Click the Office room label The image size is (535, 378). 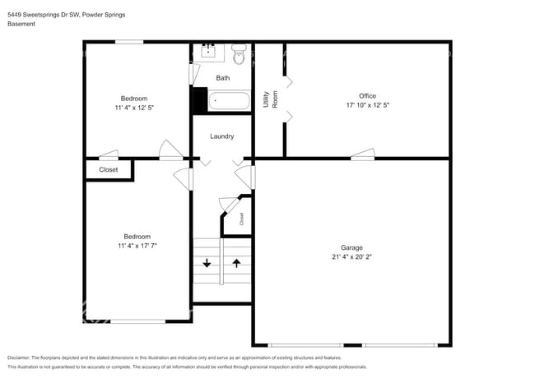pyautogui.click(x=367, y=96)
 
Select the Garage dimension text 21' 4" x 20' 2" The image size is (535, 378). pyautogui.click(x=351, y=257)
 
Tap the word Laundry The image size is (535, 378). pyautogui.click(x=222, y=136)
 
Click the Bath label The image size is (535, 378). pyautogui.click(x=223, y=78)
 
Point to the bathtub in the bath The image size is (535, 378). pyautogui.click(x=230, y=102)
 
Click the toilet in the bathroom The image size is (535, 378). pyautogui.click(x=240, y=55)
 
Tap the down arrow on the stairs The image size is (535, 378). pyautogui.click(x=206, y=263)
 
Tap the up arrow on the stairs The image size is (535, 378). pyautogui.click(x=236, y=263)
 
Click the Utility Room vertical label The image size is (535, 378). pyautogui.click(x=270, y=99)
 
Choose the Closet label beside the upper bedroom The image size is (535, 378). pyautogui.click(x=109, y=170)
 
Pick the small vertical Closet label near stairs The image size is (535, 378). pyautogui.click(x=242, y=219)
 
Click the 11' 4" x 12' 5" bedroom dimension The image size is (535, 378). pyautogui.click(x=135, y=108)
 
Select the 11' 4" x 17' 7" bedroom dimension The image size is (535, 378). pyautogui.click(x=137, y=246)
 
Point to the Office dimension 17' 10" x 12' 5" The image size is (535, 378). pyautogui.click(x=367, y=105)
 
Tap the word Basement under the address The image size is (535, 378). pyautogui.click(x=21, y=24)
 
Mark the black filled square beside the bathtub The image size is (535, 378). pyautogui.click(x=199, y=100)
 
